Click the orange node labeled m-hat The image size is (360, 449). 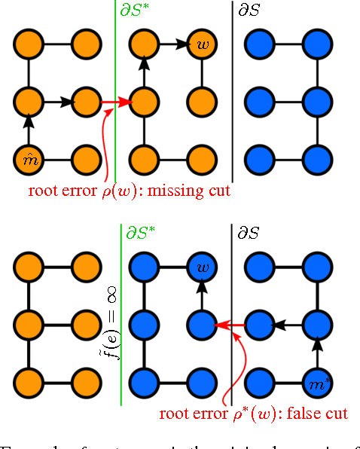(28, 159)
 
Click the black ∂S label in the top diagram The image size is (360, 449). (252, 11)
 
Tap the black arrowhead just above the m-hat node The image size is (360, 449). (28, 121)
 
